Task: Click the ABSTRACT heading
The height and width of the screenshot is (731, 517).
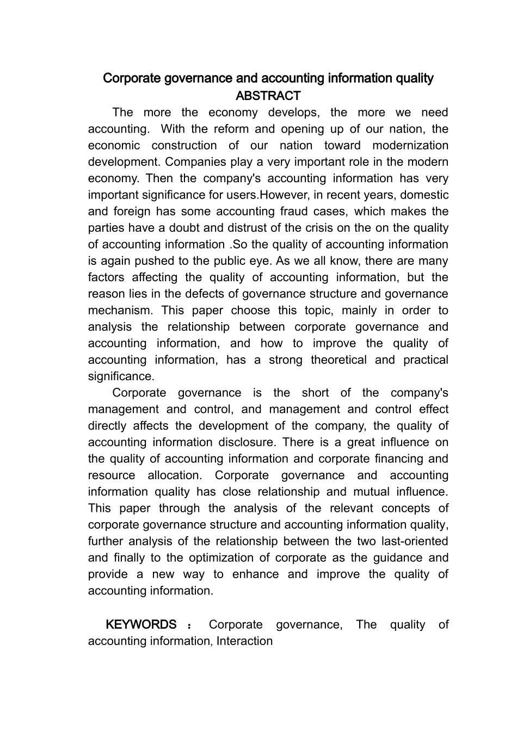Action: point(268,96)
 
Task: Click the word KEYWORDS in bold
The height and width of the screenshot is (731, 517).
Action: point(141,624)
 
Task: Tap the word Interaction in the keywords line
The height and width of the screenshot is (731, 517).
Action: point(244,641)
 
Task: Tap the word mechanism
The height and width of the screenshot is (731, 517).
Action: point(120,310)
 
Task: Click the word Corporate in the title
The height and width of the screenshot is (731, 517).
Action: point(128,78)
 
